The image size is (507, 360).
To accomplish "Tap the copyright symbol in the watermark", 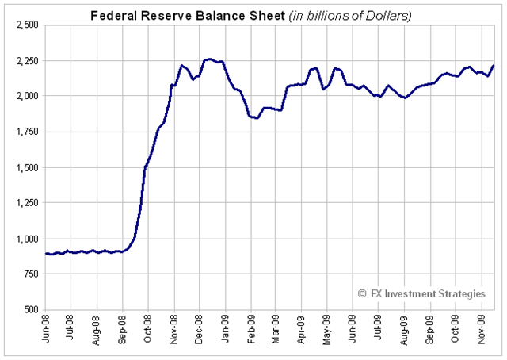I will pos(363,293).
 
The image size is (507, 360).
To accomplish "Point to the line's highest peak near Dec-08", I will pos(209,59).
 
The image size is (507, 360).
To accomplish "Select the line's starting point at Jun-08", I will pos(46,254).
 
